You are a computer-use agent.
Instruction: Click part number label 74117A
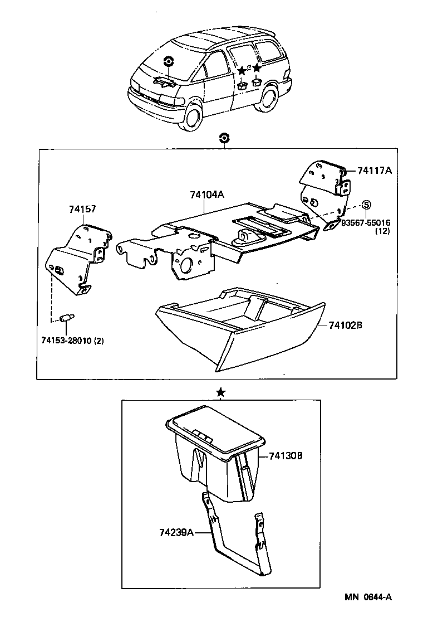[x=374, y=171]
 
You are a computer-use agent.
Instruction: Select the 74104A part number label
[x=206, y=195]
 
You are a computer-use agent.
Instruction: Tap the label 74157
[x=82, y=210]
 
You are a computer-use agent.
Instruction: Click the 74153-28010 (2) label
[x=72, y=340]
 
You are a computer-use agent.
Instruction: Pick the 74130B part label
[x=285, y=456]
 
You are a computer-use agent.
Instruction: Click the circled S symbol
[x=367, y=205]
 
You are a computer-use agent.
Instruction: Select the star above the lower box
[x=221, y=393]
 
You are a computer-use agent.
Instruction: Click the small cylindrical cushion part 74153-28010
[x=67, y=318]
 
